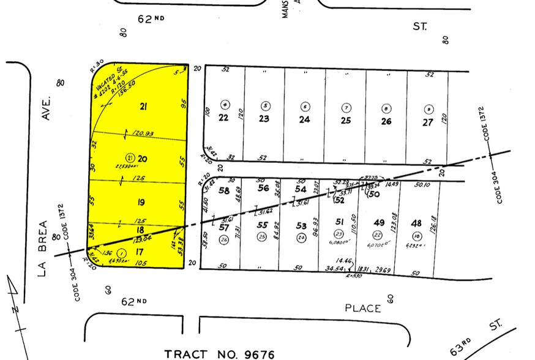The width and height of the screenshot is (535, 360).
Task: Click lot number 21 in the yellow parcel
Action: (x=144, y=107)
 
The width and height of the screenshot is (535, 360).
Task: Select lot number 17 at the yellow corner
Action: (x=140, y=252)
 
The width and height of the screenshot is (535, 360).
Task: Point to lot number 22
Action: (x=223, y=118)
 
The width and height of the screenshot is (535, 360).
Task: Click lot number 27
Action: (x=427, y=121)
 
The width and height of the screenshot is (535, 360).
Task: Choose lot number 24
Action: (x=305, y=119)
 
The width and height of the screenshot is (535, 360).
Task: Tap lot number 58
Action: (x=224, y=190)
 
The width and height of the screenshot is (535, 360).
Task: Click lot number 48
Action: (x=417, y=223)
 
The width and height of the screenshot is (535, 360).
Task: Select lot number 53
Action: (x=301, y=226)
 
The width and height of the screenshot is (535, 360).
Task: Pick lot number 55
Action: (x=263, y=226)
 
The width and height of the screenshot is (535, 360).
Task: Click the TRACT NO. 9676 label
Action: (x=220, y=354)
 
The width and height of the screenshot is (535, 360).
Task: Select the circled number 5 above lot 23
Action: (x=265, y=105)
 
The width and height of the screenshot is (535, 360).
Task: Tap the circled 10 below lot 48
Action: (x=417, y=237)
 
